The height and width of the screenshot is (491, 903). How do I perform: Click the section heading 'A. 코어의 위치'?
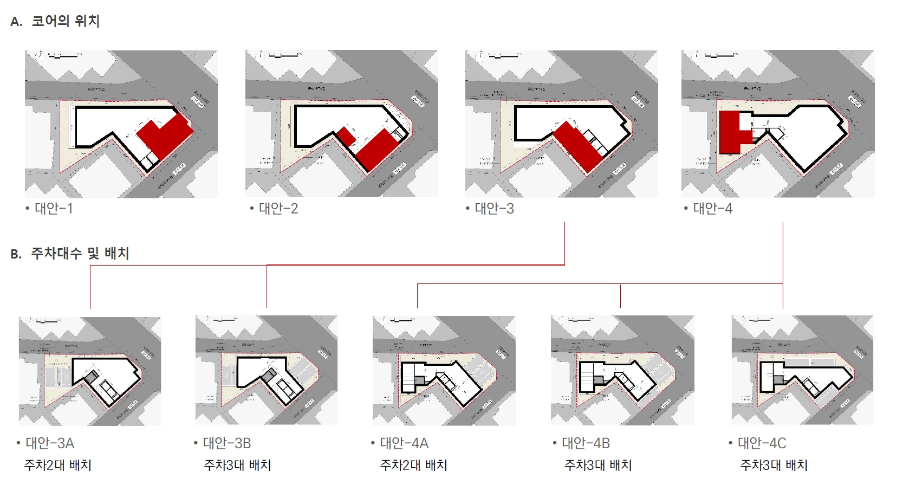click(55, 21)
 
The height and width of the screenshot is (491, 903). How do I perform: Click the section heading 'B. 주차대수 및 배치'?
click(70, 253)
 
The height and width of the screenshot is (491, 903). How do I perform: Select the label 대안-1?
click(53, 209)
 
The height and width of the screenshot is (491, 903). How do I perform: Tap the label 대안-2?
click(278, 209)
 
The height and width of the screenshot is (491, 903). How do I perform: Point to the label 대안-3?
click(494, 209)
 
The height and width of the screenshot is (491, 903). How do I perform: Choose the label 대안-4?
click(712, 209)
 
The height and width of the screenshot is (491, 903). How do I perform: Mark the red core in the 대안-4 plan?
click(731, 133)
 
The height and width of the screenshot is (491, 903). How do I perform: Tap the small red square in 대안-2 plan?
click(346, 136)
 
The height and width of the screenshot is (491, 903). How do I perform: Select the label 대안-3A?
click(49, 443)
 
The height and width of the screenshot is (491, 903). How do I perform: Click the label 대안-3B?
click(226, 443)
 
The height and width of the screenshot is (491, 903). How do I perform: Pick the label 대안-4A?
click(404, 443)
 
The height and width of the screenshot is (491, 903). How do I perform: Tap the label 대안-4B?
click(586, 443)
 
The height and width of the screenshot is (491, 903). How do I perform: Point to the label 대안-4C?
click(762, 443)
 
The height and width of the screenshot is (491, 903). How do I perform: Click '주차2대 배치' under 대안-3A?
click(58, 465)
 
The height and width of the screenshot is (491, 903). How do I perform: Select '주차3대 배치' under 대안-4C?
click(774, 465)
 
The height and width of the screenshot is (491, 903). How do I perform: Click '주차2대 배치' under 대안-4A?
click(414, 465)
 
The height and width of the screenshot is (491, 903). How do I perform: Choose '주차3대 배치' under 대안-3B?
click(237, 465)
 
